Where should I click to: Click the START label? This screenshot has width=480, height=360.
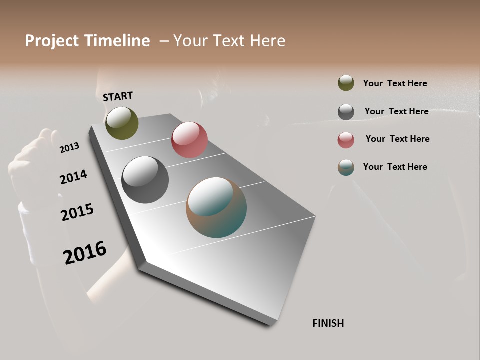[x=118, y=96]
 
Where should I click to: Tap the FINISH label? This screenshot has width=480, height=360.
[x=328, y=323]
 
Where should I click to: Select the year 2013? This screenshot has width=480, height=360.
[x=69, y=147]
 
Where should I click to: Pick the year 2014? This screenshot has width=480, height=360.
[x=73, y=177]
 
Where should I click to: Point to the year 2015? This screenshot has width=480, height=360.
[x=77, y=212]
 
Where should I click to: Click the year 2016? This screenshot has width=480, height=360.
[x=85, y=252]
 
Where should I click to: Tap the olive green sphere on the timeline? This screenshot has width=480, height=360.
[x=122, y=123]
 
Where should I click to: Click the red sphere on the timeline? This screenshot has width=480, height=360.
[x=189, y=140]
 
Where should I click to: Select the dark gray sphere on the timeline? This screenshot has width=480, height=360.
[x=145, y=180]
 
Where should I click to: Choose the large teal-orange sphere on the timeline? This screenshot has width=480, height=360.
[x=216, y=207]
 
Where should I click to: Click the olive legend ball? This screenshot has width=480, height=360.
[x=346, y=83]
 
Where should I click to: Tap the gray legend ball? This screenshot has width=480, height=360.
[x=346, y=112]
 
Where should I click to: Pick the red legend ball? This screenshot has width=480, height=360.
[x=346, y=140]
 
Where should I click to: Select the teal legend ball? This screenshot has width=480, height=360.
[x=346, y=167]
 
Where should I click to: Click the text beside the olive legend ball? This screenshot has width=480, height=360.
[x=395, y=83]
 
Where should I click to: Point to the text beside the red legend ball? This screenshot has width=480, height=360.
[x=397, y=139]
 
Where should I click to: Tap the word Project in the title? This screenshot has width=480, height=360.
[x=52, y=41]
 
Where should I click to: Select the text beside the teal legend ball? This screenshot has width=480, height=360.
[x=395, y=167]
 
